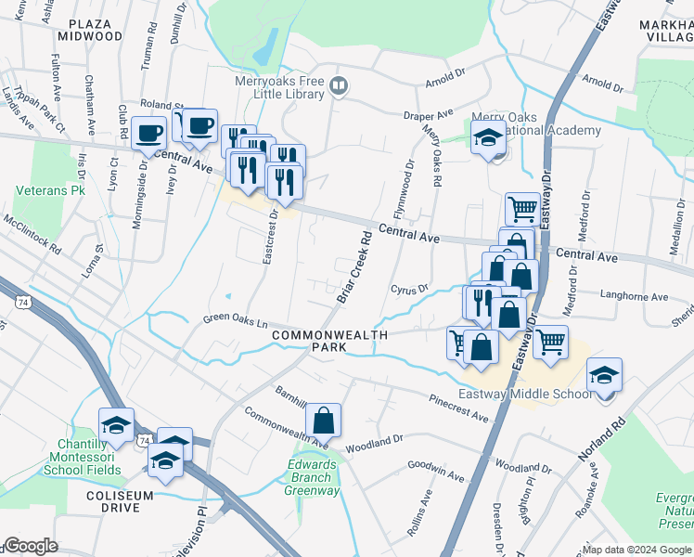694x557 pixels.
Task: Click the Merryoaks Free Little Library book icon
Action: pyautogui.click(x=340, y=87)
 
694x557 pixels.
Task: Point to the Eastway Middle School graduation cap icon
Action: pyautogui.click(x=604, y=375)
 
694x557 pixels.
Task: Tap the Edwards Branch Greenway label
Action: pyautogui.click(x=312, y=477)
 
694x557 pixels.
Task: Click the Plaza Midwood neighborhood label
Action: pyautogui.click(x=89, y=27)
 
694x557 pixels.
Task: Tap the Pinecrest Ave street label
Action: pyautogui.click(x=457, y=408)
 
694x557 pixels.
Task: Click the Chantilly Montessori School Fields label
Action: pyautogui.click(x=82, y=459)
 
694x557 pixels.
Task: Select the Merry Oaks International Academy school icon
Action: pyautogui.click(x=489, y=138)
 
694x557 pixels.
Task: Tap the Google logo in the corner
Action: pyautogui.click(x=31, y=546)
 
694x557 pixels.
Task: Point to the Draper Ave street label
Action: pyautogui.click(x=427, y=116)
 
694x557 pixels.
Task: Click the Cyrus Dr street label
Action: pyautogui.click(x=409, y=290)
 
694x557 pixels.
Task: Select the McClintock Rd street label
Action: pyautogui.click(x=32, y=237)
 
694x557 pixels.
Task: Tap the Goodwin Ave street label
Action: pyautogui.click(x=434, y=471)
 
